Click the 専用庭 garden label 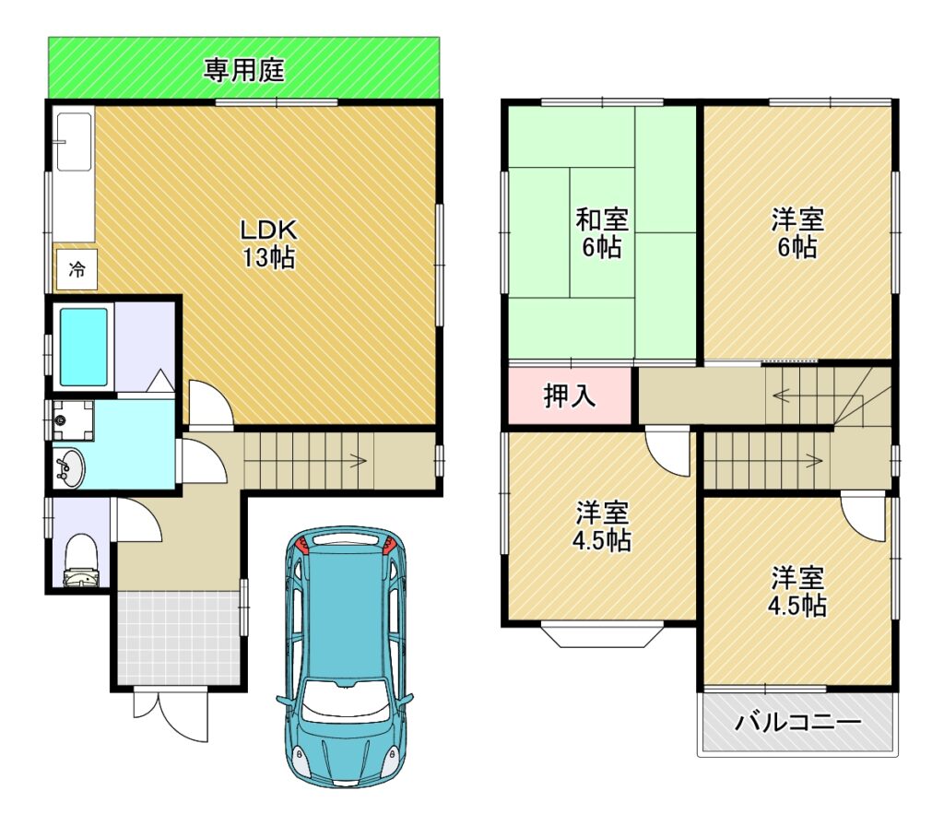tap(243, 70)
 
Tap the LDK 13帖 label tap(268, 243)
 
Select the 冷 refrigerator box tap(77, 269)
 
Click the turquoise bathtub tap(84, 347)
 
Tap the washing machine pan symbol tap(72, 420)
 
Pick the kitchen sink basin tap(74, 142)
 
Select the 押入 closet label tap(570, 395)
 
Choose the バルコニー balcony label tap(797, 721)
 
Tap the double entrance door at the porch tap(171, 715)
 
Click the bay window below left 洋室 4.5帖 tap(602, 636)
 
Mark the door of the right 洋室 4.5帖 tap(863, 516)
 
